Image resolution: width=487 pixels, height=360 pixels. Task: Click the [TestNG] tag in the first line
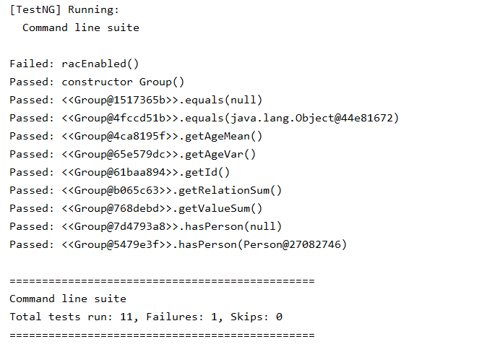pyautogui.click(x=34, y=9)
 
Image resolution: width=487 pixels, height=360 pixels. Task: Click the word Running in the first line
pyautogui.click(x=90, y=9)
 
